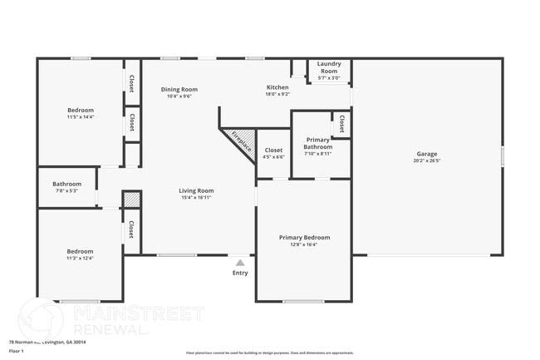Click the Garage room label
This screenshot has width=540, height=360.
click(x=426, y=154)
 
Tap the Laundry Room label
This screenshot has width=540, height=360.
click(x=329, y=67)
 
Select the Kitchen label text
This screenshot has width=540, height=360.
click(x=277, y=87)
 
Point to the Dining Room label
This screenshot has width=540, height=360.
click(x=179, y=89)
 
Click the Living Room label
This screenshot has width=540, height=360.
click(x=197, y=190)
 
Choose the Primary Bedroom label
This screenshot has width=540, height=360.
click(x=304, y=238)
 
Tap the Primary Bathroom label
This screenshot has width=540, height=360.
click(x=318, y=143)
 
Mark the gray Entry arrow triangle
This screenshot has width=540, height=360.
click(x=240, y=262)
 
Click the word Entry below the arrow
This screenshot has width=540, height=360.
click(x=240, y=273)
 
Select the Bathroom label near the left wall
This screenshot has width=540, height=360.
click(x=67, y=184)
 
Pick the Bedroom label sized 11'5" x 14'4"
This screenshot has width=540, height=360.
click(x=81, y=110)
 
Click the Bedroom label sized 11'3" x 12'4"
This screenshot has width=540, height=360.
click(x=81, y=251)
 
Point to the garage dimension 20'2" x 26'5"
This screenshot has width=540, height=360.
click(x=426, y=161)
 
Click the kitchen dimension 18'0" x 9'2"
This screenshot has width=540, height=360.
click(x=277, y=95)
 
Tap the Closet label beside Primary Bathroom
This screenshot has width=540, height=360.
click(x=341, y=125)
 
